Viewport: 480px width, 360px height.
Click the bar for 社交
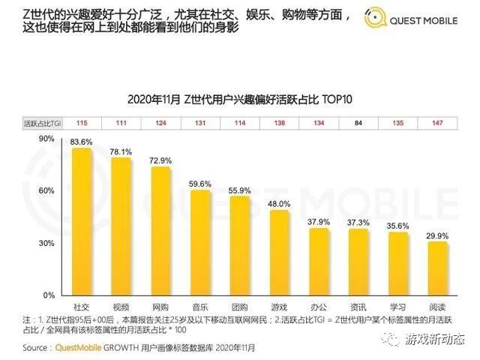[82, 222]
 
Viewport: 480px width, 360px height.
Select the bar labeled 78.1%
[121, 226]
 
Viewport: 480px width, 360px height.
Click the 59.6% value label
[200, 183]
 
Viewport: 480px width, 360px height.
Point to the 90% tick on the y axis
[47, 139]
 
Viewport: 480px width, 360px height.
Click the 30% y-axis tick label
[47, 244]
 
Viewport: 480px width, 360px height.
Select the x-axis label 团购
[240, 308]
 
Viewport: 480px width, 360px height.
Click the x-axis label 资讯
[358, 308]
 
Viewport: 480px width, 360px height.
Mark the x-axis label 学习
[398, 308]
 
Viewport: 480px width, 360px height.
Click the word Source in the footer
[37, 347]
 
